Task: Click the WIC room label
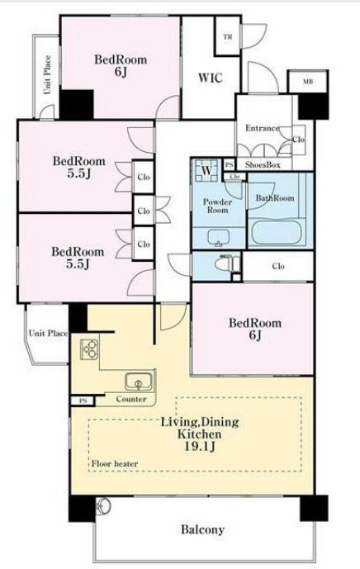(x=210, y=78)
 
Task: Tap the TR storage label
(x=228, y=36)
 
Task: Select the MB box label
(x=308, y=81)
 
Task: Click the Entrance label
(x=262, y=128)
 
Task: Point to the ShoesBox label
(x=263, y=164)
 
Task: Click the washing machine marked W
(x=206, y=170)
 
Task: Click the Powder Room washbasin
(x=219, y=238)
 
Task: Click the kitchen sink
(x=138, y=382)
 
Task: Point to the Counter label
(x=131, y=399)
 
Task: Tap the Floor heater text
(x=114, y=464)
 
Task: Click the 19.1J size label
(x=200, y=446)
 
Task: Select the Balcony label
(x=202, y=530)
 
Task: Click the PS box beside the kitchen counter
(x=83, y=401)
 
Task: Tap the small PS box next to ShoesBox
(x=229, y=164)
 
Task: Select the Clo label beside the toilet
(x=278, y=267)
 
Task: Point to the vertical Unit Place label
(x=47, y=75)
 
